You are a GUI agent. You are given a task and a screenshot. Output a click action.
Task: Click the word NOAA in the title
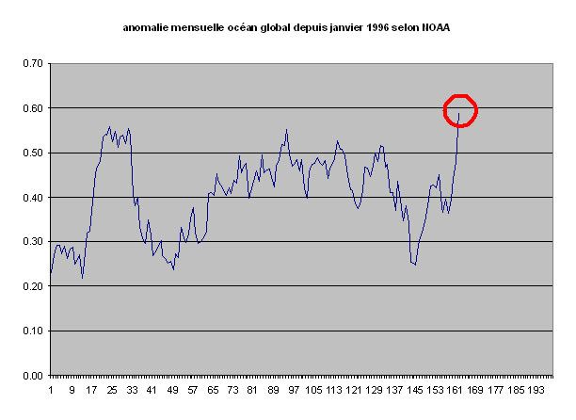436,27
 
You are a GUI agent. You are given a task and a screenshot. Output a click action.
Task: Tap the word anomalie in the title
148,27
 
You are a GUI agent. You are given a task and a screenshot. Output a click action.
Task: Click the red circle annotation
461,110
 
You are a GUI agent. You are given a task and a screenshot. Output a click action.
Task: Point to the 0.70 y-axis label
33,64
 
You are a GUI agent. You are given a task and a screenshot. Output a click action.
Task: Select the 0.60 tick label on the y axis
33,108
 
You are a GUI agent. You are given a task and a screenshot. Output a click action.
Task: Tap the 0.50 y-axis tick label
33,153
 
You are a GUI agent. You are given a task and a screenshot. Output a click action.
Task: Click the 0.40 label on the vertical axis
33,198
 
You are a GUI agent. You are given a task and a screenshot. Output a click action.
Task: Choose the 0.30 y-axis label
33,242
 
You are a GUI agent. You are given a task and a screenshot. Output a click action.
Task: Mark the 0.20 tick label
33,286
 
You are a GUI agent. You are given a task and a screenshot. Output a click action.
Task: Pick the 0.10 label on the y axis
33,331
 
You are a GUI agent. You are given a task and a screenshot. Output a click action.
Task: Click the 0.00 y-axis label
33,376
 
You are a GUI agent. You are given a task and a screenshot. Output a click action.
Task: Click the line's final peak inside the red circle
458,114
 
